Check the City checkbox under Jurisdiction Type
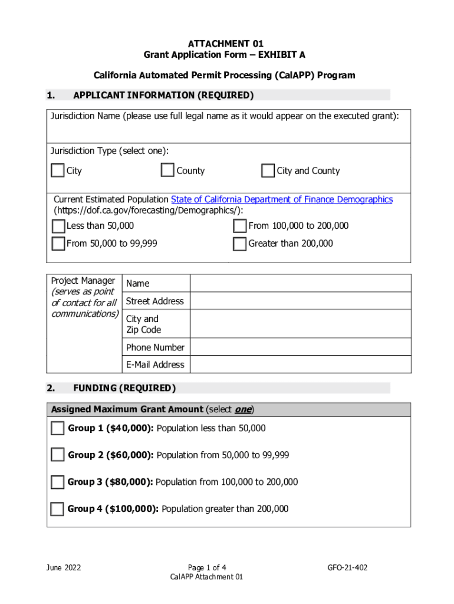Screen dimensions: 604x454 [57, 171]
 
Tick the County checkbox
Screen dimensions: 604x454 [167, 170]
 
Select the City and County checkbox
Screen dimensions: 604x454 [268, 171]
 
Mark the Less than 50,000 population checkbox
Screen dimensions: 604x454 [58, 226]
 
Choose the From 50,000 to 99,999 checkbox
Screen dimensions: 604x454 [58, 244]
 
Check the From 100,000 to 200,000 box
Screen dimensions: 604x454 [239, 226]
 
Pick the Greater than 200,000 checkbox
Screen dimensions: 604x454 [239, 244]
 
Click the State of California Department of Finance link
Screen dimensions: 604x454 [281, 199]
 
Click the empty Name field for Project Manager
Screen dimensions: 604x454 [300, 283]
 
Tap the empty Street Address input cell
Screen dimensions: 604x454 [300, 301]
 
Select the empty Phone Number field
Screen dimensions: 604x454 [300, 347]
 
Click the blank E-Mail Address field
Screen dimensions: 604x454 [300, 365]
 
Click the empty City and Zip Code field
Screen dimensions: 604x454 [300, 324]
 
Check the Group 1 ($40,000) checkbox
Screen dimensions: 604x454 [57, 428]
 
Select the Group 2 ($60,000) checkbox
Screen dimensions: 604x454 [57, 455]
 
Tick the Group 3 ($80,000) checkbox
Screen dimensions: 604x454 [57, 482]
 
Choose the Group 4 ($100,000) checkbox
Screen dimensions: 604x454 [57, 508]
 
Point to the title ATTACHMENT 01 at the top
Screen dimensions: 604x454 [225, 44]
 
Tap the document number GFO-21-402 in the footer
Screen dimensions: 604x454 [347, 567]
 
